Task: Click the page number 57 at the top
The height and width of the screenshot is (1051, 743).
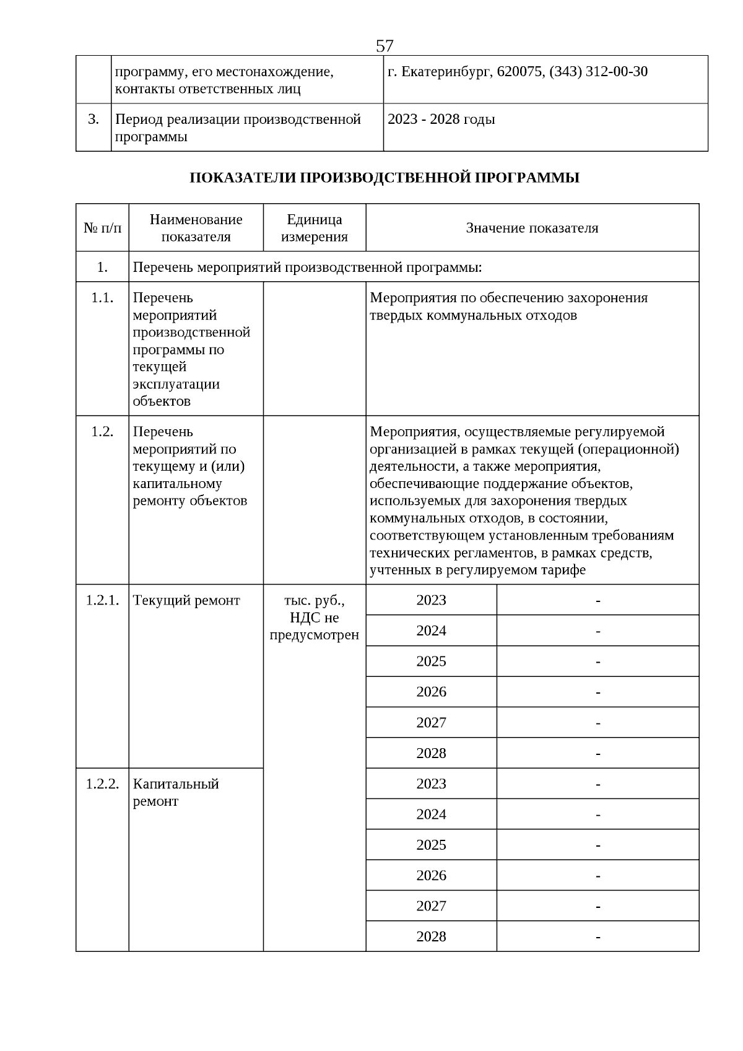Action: click(x=384, y=46)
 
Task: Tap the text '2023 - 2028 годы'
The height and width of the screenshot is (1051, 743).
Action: click(x=441, y=120)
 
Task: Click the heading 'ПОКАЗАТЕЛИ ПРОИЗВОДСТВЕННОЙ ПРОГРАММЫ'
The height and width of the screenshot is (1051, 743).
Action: click(x=384, y=178)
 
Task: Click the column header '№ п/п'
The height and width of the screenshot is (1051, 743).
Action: click(x=102, y=228)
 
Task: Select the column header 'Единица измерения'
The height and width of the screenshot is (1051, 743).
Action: click(x=314, y=228)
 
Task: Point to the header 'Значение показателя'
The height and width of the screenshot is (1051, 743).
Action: click(x=532, y=228)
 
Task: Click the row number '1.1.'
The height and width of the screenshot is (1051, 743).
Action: click(x=102, y=298)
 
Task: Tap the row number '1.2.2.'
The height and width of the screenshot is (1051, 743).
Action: click(x=102, y=784)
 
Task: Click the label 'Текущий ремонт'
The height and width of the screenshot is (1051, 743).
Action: click(x=186, y=600)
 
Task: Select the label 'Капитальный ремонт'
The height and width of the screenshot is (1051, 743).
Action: click(x=176, y=792)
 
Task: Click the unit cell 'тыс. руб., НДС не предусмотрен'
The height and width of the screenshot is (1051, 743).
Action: click(x=314, y=617)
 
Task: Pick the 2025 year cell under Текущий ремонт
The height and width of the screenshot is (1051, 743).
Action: click(x=431, y=661)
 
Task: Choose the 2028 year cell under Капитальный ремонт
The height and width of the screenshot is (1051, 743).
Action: click(x=431, y=936)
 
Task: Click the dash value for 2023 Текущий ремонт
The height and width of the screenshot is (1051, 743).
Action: click(x=597, y=600)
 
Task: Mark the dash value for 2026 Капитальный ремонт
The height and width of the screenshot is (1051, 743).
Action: click(x=597, y=876)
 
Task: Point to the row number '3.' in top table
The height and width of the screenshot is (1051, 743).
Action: click(x=93, y=120)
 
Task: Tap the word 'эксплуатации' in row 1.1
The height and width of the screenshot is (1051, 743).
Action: click(x=176, y=384)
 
